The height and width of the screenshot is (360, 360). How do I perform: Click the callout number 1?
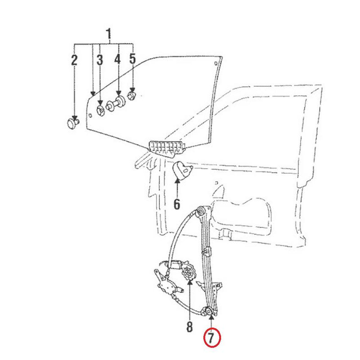(x=108, y=34)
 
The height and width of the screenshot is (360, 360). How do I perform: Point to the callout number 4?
(x=118, y=59)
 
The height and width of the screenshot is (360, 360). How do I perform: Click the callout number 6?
(x=177, y=204)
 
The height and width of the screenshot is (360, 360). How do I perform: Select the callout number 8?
(x=189, y=326)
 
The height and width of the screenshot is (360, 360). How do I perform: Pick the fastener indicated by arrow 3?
(x=100, y=109)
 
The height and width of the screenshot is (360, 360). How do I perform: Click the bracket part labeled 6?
(x=181, y=170)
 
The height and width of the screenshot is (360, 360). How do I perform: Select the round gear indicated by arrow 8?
(x=188, y=272)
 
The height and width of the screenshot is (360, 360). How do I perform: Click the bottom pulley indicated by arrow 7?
(x=210, y=311)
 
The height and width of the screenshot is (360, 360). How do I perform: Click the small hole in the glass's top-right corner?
(x=216, y=62)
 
